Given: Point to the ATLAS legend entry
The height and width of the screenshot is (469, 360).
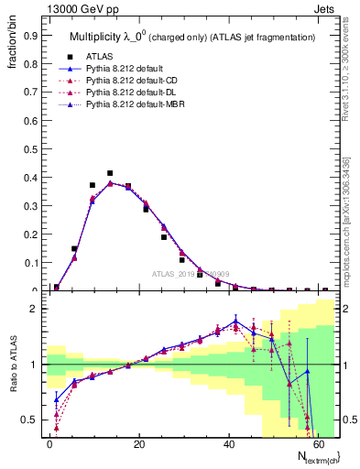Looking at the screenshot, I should (x=113, y=57).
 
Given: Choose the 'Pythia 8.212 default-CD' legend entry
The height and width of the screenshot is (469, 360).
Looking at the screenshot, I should (x=138, y=81).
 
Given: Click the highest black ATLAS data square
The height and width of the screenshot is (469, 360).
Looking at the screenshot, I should (x=110, y=173).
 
